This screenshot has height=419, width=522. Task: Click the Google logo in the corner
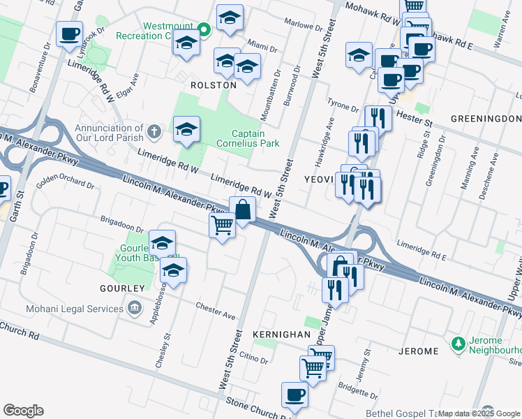pos(23,411)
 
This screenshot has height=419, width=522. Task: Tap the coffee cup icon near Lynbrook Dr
pos(69,34)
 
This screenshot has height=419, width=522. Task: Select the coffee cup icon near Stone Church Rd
pos(294,395)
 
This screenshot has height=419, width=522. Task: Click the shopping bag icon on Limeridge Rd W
pos(242,209)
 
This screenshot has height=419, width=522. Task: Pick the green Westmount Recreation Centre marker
pos(203,29)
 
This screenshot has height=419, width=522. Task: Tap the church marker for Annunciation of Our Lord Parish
pos(155,131)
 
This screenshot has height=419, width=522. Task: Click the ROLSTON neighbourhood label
pos(214,84)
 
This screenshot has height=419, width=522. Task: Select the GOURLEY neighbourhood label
pos(121,288)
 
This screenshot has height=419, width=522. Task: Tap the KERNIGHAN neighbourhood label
pos(281,335)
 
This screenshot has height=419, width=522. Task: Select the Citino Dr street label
pos(254,358)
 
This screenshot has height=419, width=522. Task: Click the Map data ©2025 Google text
pos(479,413)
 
